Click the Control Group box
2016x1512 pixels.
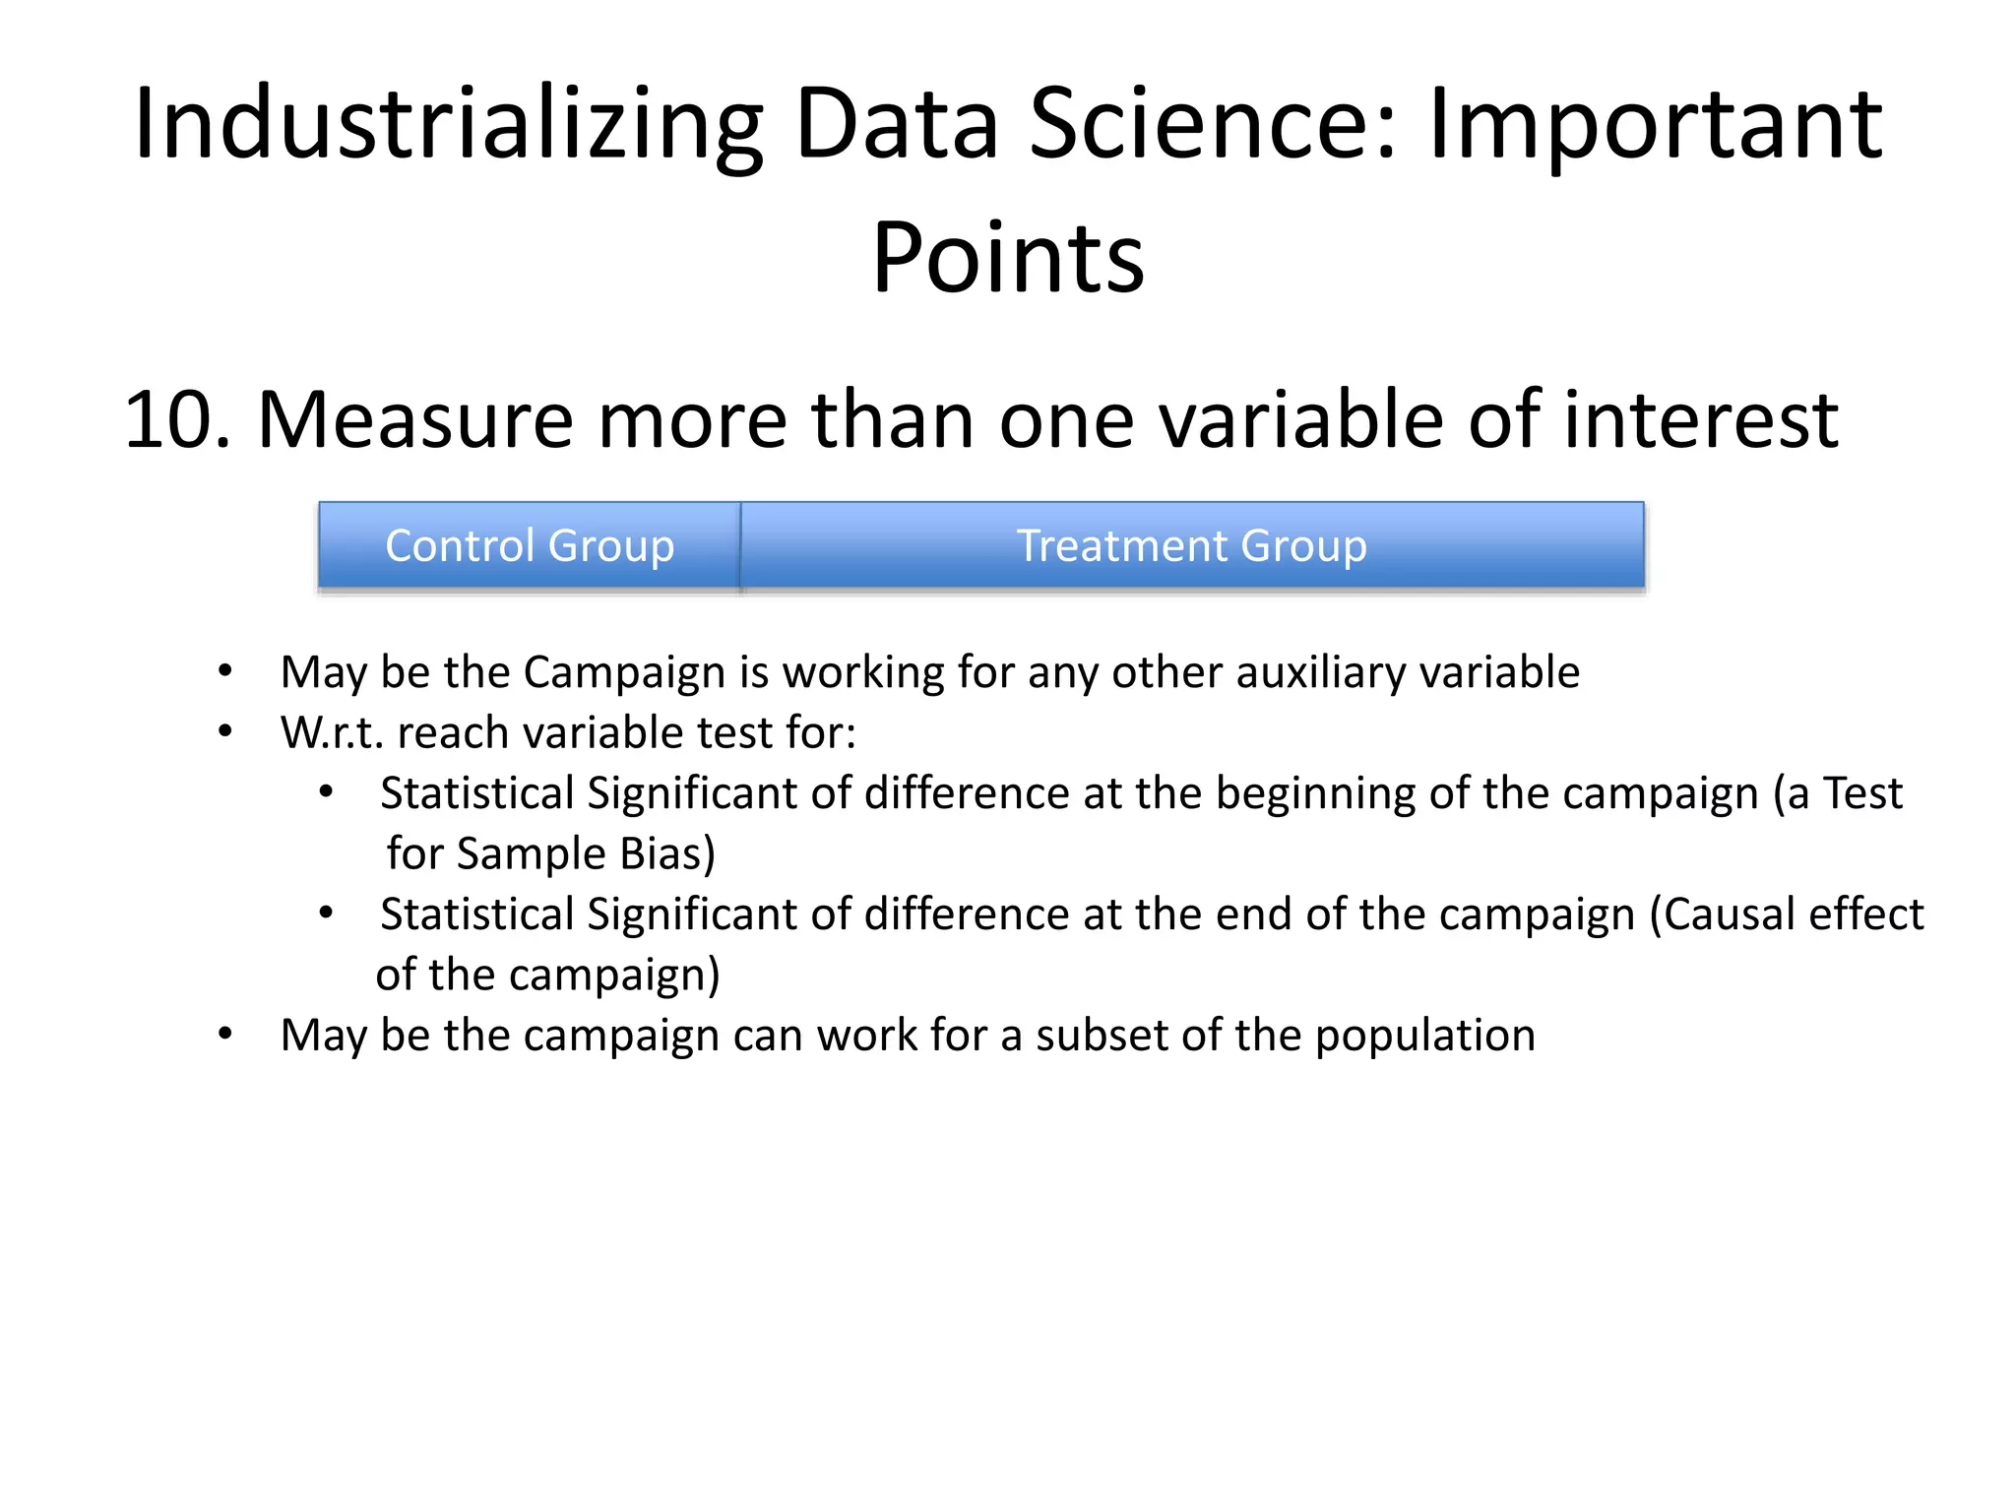[x=530, y=545]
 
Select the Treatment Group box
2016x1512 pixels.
[x=1191, y=545]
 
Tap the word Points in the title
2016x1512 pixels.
[x=1008, y=258]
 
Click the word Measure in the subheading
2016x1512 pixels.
[x=414, y=420]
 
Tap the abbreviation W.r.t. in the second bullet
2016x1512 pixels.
[x=332, y=733]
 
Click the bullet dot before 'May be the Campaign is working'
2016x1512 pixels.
[x=225, y=671]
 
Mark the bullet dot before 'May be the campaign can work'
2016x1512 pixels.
[x=225, y=1034]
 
